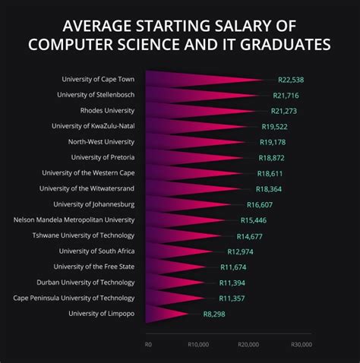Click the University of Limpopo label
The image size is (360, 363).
tap(101, 314)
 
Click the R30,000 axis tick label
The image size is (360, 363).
tap(302, 344)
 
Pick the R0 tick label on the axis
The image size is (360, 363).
tap(149, 344)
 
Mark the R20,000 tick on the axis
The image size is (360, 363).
tap(248, 344)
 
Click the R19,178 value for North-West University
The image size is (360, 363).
tap(275, 142)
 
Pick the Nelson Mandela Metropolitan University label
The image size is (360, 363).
tap(74, 220)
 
